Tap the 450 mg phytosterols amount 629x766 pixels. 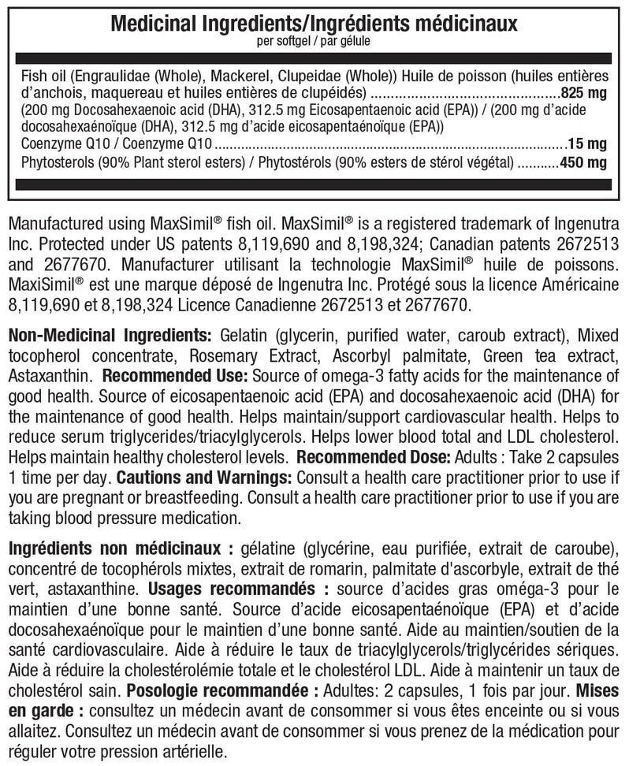[583, 164]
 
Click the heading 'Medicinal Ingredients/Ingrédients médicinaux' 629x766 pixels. [314, 24]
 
